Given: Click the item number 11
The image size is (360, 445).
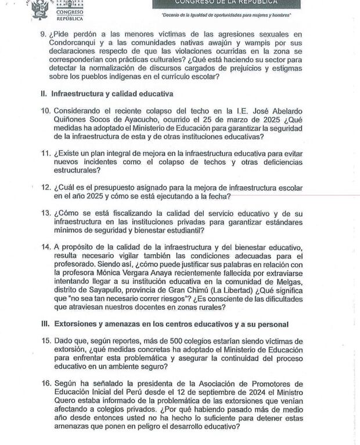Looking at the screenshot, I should (x=46, y=153).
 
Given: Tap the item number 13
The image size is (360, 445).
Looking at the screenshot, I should (x=46, y=213).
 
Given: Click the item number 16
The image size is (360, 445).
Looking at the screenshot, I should (x=46, y=384).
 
